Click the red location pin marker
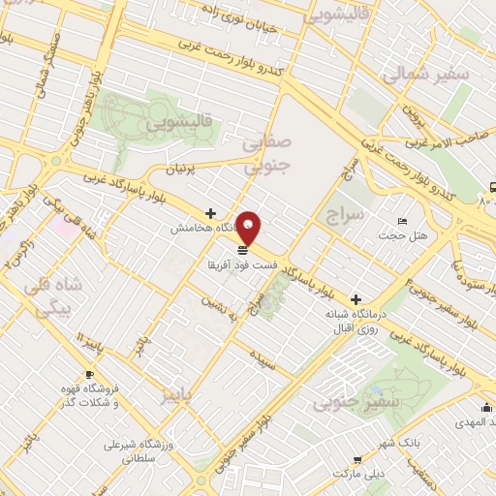pos(250,229)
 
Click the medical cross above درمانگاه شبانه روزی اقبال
pos(356,300)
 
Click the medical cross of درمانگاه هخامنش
pos(210,213)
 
